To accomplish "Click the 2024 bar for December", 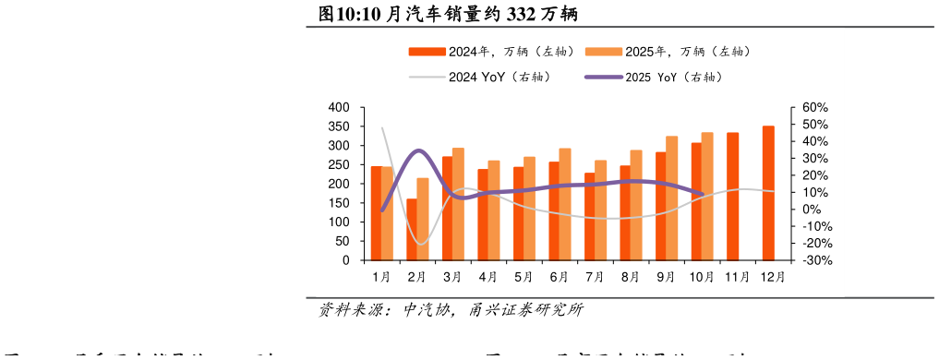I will [x=768, y=193].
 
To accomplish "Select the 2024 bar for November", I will [x=732, y=197].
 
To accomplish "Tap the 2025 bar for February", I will [x=423, y=220].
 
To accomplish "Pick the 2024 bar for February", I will [x=412, y=230].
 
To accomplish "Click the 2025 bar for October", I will [x=707, y=197].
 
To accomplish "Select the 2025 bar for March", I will [x=458, y=204].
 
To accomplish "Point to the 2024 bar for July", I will [x=590, y=217].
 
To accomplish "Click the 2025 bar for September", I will [x=671, y=198].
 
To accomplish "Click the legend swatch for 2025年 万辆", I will [x=604, y=52].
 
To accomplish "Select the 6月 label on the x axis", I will [x=559, y=277].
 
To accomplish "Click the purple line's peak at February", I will [x=418, y=150].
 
